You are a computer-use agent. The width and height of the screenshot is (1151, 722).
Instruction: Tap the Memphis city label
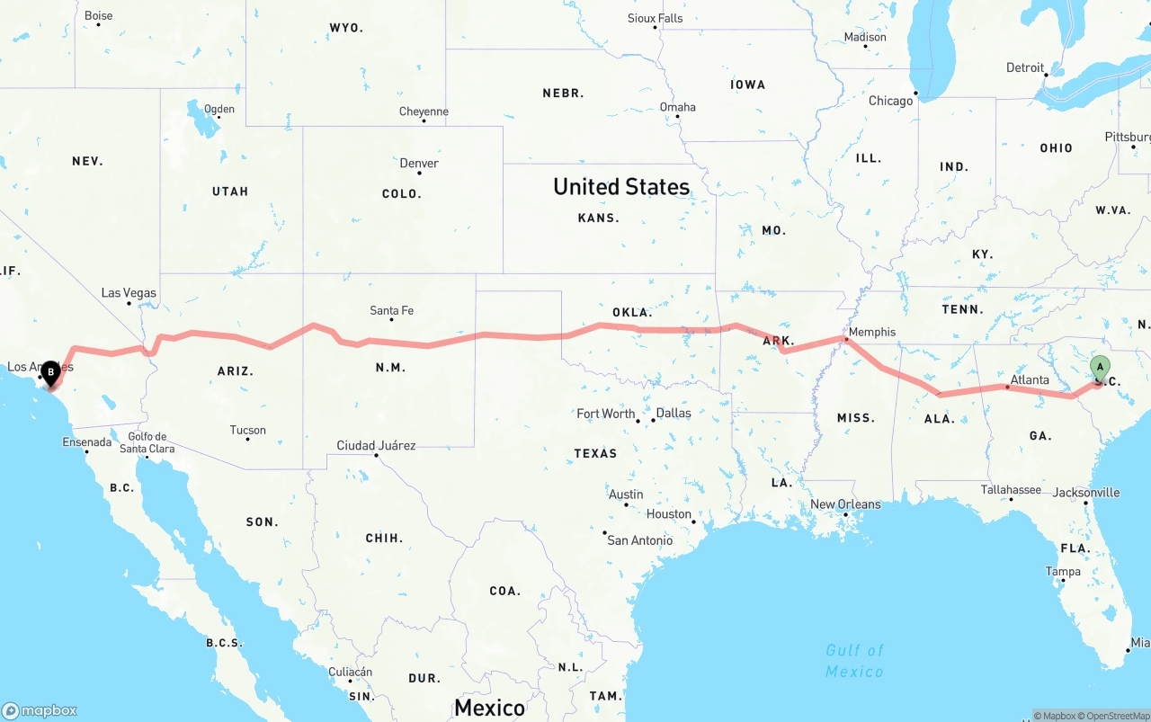tap(871, 332)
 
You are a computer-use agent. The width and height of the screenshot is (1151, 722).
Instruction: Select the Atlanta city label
tap(1029, 379)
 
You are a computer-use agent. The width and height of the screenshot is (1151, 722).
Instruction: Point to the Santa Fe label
tap(391, 310)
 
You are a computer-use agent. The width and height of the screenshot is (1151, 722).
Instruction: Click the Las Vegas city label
tap(129, 292)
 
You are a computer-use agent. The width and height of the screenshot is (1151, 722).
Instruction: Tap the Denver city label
tap(419, 163)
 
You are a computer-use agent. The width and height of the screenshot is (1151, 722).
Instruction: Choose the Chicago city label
tap(890, 101)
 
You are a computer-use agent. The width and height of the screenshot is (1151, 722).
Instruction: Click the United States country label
tap(621, 186)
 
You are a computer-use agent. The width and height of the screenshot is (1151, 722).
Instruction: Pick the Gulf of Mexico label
tap(854, 660)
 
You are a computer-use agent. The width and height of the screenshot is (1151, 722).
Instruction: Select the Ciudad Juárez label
tap(376, 445)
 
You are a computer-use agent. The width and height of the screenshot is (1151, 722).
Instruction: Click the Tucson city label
tap(247, 430)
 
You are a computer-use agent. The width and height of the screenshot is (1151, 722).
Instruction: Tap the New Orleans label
tap(845, 504)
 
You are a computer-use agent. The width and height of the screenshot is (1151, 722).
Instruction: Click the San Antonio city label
tap(639, 539)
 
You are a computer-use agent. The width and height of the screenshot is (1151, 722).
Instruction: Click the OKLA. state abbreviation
tap(631, 312)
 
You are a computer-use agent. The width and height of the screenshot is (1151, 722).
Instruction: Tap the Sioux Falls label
tap(655, 18)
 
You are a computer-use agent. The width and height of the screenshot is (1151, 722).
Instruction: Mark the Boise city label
tap(98, 15)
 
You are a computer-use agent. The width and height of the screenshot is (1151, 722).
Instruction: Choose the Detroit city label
tap(1025, 67)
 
